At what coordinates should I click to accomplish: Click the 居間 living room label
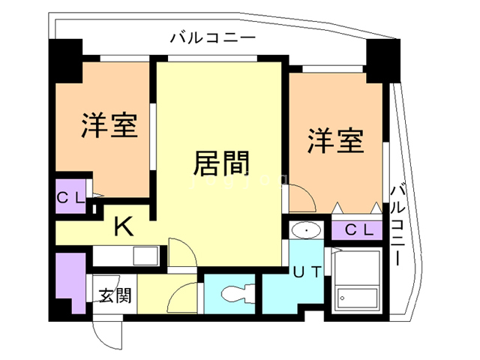click(221, 163)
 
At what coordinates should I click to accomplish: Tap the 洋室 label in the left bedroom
click(109, 125)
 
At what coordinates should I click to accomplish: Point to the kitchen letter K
click(123, 224)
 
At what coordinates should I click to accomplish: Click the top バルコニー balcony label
click(213, 37)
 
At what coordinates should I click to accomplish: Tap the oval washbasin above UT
click(306, 229)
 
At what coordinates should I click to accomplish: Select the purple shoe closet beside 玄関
click(72, 281)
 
